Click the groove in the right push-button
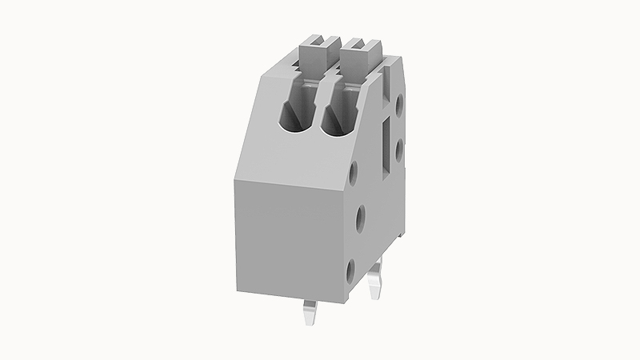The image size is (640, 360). click(361, 40)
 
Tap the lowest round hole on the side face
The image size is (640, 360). click(352, 270)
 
